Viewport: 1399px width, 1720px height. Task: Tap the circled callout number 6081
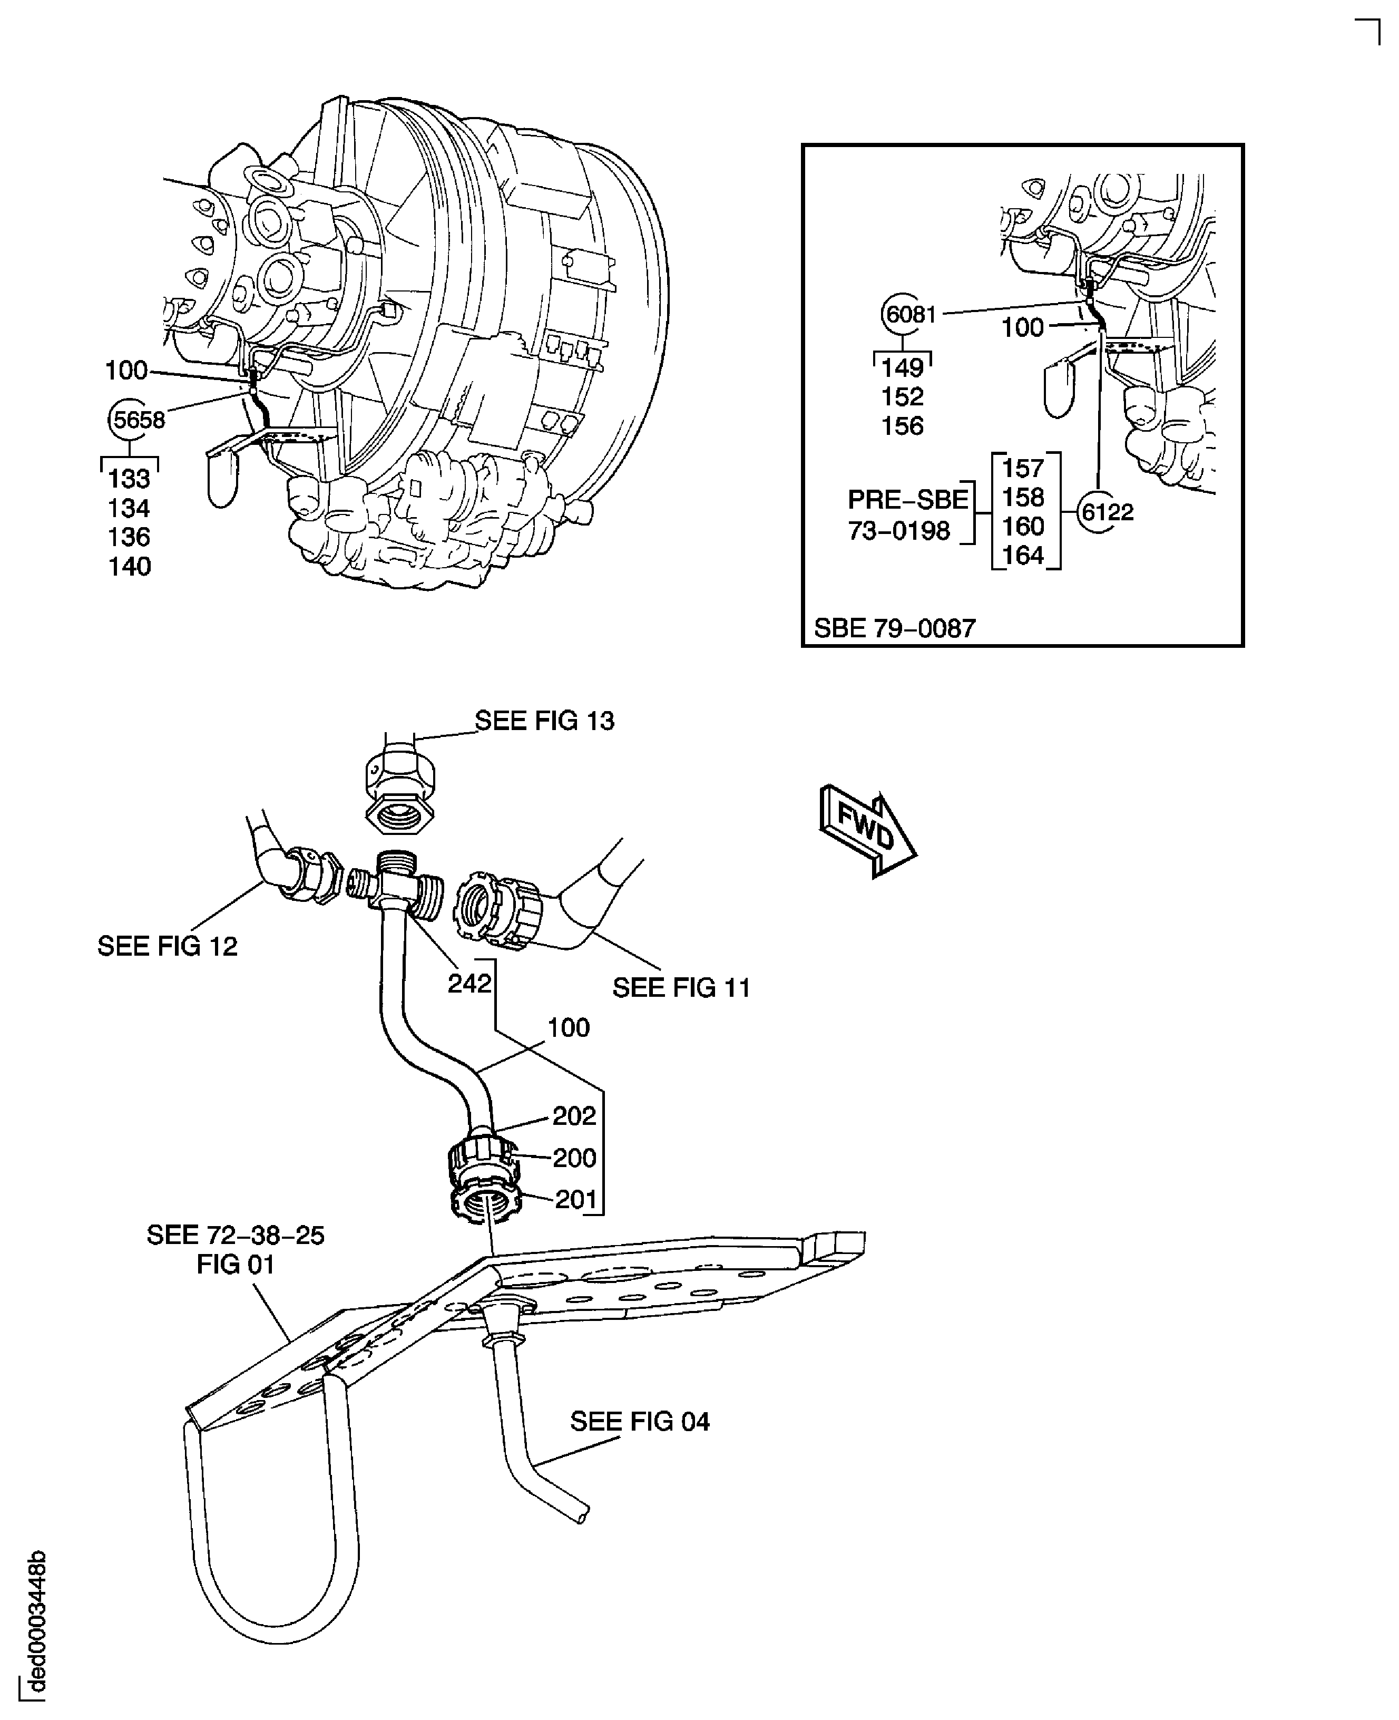(910, 314)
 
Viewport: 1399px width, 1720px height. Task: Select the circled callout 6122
(1107, 512)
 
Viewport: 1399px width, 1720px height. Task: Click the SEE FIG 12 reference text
(168, 946)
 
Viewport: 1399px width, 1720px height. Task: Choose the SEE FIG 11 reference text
(681, 987)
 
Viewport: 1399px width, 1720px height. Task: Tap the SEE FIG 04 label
(640, 1421)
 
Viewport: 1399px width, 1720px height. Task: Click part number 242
(469, 983)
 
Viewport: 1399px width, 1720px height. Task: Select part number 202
(574, 1115)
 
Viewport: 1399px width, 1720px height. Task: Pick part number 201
(575, 1199)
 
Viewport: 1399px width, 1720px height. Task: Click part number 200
(574, 1158)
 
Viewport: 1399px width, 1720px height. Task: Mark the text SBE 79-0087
(895, 628)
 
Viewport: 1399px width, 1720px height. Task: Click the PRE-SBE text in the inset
(907, 500)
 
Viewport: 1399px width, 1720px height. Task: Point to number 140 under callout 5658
(130, 567)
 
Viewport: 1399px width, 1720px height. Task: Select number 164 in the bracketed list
(1023, 556)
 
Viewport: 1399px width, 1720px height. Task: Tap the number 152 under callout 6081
(902, 396)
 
